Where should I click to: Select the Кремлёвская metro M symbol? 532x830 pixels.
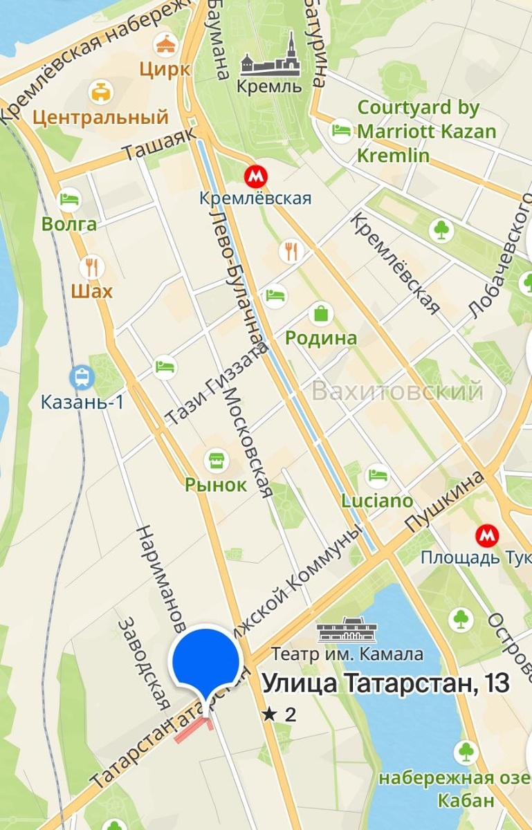tap(255, 175)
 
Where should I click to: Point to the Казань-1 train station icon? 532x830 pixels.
tap(82, 377)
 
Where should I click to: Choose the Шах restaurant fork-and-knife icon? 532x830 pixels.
tap(91, 266)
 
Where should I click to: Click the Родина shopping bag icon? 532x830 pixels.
tap(321, 314)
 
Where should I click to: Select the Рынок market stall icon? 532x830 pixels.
tap(216, 459)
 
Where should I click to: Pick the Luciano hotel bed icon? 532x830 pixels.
tap(378, 475)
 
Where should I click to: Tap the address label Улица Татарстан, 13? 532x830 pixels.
tap(386, 683)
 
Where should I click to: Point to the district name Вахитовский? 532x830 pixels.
tap(397, 391)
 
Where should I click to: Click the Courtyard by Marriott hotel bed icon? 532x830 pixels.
tap(340, 130)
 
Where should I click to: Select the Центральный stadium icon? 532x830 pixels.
tap(102, 91)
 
